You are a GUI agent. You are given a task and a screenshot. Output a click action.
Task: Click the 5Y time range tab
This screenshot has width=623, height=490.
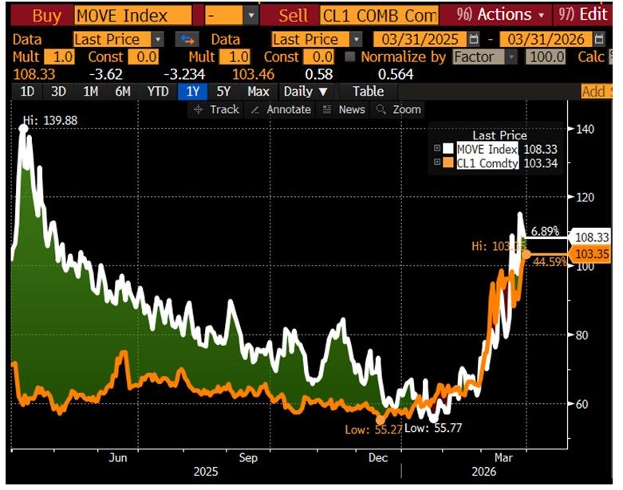tap(224, 92)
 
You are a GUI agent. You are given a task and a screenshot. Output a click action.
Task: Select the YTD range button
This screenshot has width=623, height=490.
tap(158, 92)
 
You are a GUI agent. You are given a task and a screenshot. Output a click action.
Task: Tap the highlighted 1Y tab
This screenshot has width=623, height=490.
tap(192, 92)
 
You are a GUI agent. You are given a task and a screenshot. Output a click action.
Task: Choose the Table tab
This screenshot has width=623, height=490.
tap(368, 92)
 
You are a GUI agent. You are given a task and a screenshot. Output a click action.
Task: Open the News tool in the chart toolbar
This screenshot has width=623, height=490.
tap(344, 110)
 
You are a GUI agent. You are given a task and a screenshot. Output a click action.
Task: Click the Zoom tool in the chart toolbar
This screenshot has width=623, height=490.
tap(398, 110)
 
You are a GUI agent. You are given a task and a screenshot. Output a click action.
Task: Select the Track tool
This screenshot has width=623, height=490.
tap(217, 110)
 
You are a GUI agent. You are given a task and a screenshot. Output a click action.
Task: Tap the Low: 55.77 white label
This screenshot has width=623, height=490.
tap(434, 429)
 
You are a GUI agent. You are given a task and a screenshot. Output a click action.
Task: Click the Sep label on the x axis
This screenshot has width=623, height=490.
tap(248, 458)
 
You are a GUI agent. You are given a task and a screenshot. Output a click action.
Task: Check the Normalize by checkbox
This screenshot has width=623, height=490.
tap(349, 57)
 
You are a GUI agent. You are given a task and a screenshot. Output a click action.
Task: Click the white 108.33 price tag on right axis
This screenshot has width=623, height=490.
tap(591, 237)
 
